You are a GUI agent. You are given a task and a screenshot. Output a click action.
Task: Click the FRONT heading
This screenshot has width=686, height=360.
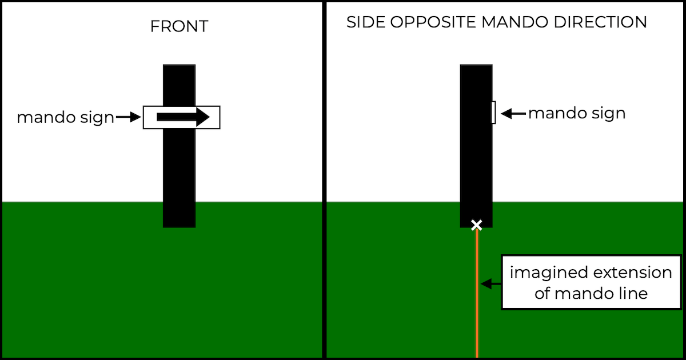click(x=179, y=26)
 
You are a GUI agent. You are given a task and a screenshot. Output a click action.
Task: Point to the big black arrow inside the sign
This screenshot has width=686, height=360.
click(x=183, y=117)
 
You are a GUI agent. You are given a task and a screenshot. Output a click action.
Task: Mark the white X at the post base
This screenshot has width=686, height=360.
click(x=476, y=225)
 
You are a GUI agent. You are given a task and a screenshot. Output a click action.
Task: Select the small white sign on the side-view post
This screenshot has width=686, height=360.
click(x=493, y=112)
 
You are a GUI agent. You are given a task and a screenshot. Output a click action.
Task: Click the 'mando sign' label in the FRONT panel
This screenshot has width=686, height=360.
click(x=65, y=118)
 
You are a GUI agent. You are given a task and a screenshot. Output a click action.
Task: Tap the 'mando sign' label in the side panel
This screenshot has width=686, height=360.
click(x=576, y=113)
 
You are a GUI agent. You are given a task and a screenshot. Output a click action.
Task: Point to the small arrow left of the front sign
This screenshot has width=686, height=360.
click(x=129, y=118)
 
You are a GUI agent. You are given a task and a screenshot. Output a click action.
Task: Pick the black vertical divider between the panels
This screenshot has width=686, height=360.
click(x=324, y=180)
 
